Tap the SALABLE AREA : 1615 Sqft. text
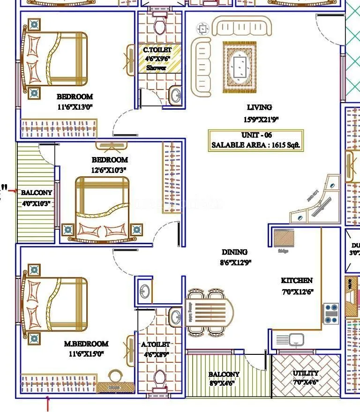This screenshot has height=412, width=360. click(x=255, y=145)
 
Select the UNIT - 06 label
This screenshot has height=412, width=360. click(x=256, y=135)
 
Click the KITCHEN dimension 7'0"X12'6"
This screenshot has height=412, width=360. click(x=297, y=292)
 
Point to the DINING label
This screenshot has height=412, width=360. click(x=234, y=252)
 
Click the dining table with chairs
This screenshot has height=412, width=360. click(x=210, y=311)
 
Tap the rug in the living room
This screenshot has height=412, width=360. click(x=240, y=66)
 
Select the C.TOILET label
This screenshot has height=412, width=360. click(x=157, y=50)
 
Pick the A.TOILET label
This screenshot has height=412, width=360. click(x=155, y=345)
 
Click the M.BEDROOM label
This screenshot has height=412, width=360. click(x=86, y=344)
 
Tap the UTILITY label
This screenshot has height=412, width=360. click(x=306, y=374)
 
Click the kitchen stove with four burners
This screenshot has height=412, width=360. click(x=331, y=313)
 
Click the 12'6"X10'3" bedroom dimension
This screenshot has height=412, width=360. click(x=109, y=170)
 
